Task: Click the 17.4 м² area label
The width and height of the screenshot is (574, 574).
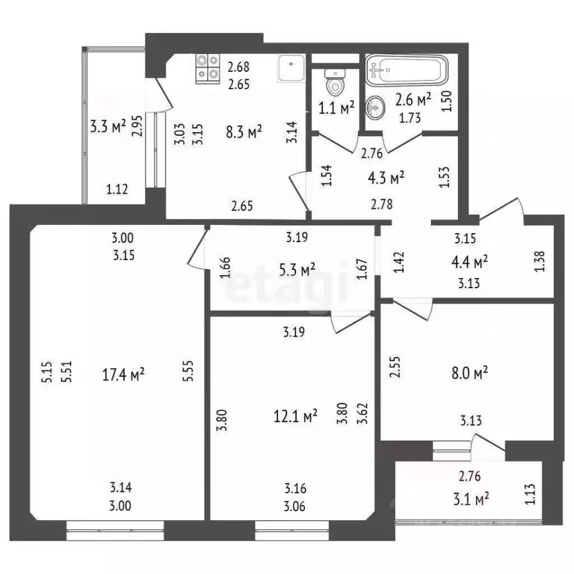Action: coord(123,373)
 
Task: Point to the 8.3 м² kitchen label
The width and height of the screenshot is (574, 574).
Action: coord(244,132)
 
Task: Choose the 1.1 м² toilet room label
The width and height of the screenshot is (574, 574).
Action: coord(336,108)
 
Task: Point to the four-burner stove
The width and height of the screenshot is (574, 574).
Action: coord(207,68)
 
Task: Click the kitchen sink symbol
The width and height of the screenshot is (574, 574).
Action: coord(289,69)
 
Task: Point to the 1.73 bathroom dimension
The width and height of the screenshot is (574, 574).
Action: coord(408,118)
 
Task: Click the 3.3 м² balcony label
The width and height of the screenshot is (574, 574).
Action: coord(107,126)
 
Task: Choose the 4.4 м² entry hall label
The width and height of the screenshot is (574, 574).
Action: coord(470,261)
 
